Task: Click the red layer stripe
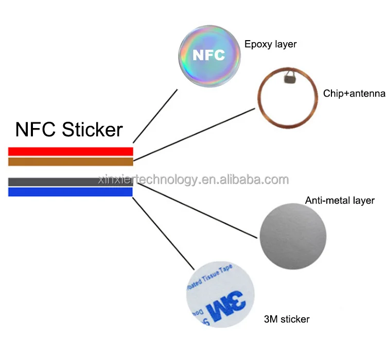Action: coord(71,151)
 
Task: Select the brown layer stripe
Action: coord(71,161)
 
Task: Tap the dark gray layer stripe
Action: coord(51,182)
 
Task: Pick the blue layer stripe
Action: coord(71,192)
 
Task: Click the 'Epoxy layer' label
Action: coord(270,44)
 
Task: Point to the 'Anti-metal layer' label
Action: coord(340,200)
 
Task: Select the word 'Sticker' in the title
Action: coord(92,129)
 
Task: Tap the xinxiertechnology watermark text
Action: coord(194,179)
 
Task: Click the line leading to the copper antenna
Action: coord(196,133)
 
